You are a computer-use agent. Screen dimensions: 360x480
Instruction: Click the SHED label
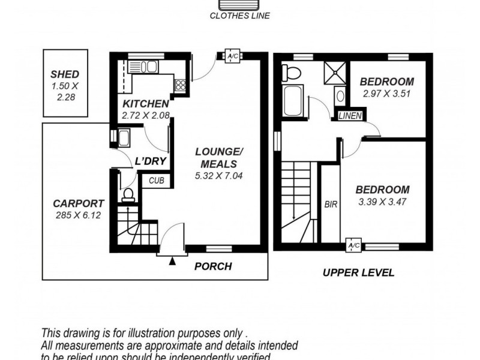click(65, 74)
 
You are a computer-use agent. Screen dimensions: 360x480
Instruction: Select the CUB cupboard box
click(156, 180)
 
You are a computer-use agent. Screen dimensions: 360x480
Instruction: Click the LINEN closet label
click(350, 116)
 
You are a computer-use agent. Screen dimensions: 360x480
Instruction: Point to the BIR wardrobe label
click(331, 204)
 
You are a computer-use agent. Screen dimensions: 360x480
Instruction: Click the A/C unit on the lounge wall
click(231, 57)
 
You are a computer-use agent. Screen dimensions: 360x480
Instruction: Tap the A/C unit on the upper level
click(353, 246)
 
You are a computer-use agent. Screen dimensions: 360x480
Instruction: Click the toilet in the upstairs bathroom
click(292, 73)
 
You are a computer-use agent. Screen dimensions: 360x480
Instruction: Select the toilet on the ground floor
click(128, 194)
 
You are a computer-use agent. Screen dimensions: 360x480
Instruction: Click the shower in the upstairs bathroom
click(334, 73)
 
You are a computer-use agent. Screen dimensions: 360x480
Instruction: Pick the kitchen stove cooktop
click(180, 85)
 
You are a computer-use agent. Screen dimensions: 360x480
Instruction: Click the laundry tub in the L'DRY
click(124, 138)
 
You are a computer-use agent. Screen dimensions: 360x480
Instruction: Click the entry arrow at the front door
click(173, 261)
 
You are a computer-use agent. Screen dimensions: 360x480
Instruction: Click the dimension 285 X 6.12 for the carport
click(78, 214)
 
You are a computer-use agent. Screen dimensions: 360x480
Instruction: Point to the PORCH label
click(213, 266)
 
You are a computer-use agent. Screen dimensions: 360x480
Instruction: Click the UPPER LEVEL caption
click(359, 272)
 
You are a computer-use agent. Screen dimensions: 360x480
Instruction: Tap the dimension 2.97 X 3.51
click(386, 94)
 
